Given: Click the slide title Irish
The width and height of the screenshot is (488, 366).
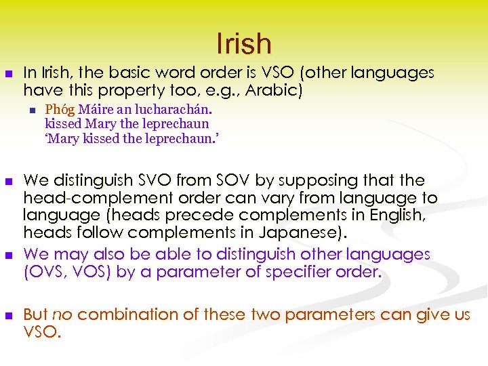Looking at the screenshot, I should pos(244,44).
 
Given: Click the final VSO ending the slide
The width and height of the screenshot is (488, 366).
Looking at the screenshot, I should pos(41,333).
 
